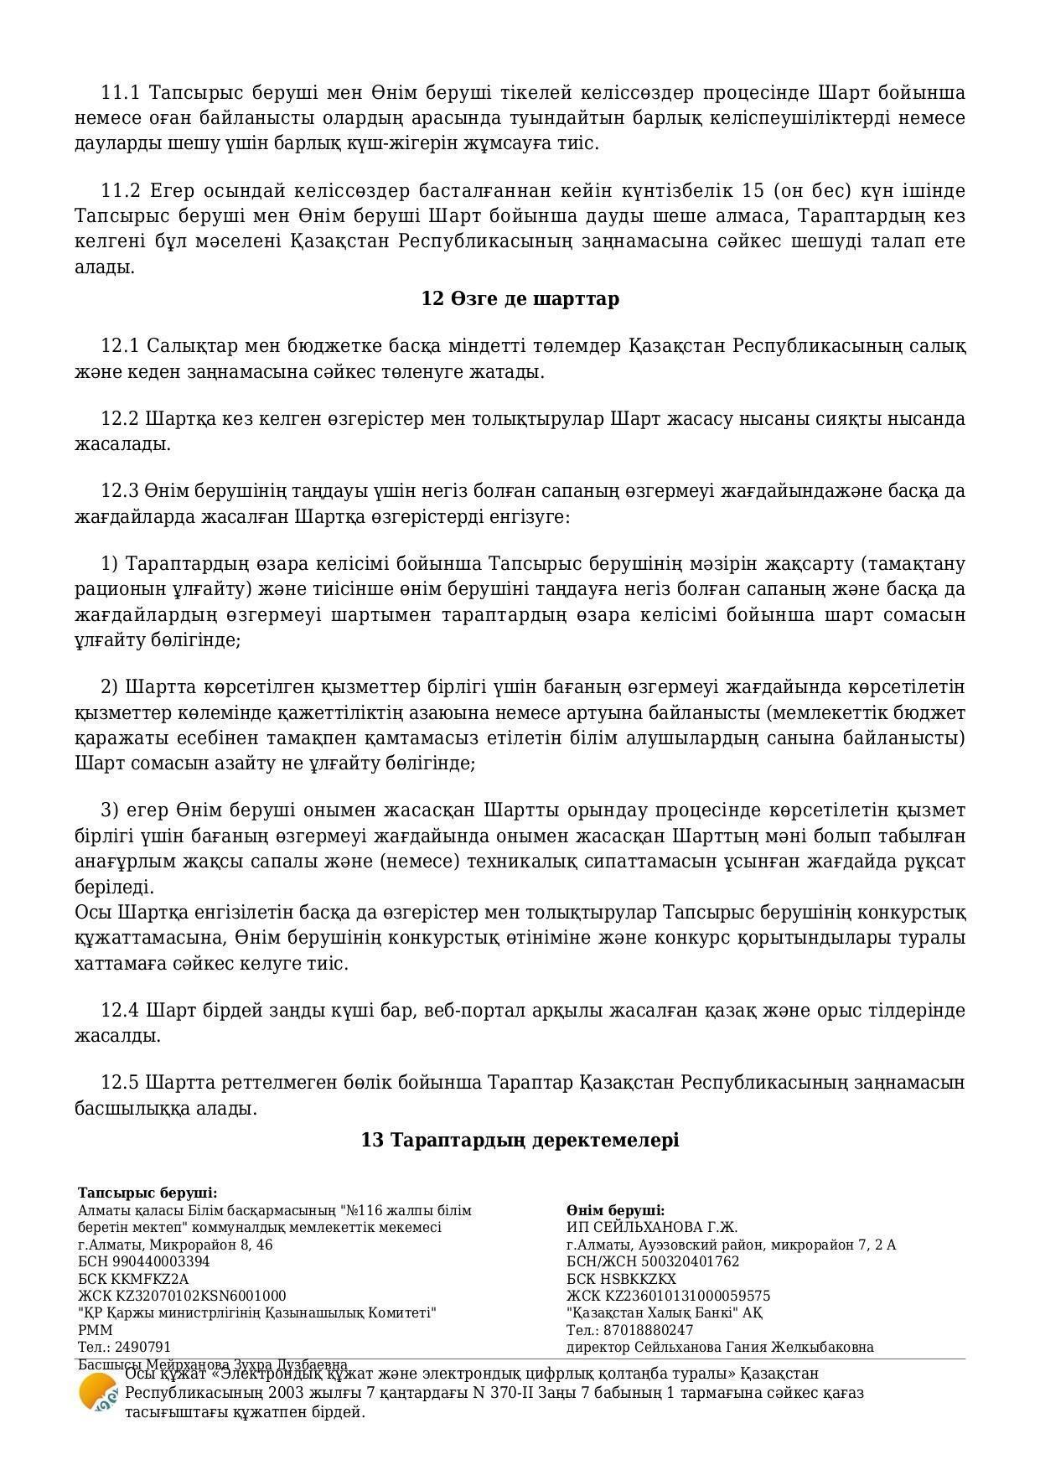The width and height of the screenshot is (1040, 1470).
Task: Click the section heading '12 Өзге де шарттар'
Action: pyautogui.click(x=520, y=299)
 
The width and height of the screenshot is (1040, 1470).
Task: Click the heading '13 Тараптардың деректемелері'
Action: pyautogui.click(x=520, y=1140)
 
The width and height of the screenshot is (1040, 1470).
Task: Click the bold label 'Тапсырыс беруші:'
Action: pyautogui.click(x=147, y=1193)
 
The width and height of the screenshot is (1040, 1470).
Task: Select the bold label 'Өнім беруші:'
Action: pyautogui.click(x=615, y=1210)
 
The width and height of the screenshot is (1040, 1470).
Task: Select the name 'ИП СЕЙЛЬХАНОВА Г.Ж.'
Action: pyautogui.click(x=652, y=1227)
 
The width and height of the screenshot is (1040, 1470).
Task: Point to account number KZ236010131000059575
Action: pyautogui.click(x=686, y=1296)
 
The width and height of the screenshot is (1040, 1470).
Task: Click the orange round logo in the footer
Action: pyautogui.click(x=98, y=1393)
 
